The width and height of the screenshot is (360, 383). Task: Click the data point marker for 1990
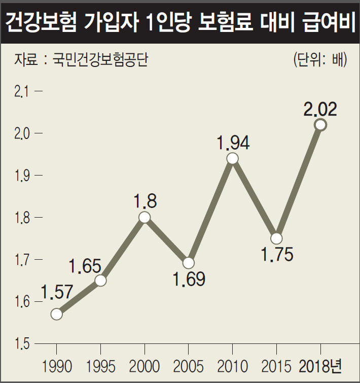point(57,314)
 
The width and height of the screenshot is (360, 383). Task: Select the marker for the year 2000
point(145,218)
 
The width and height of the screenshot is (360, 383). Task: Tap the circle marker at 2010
point(232,158)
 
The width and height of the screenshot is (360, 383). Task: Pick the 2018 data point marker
point(320,124)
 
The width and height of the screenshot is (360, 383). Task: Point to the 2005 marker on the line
point(188,263)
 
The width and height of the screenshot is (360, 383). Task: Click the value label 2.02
point(320,109)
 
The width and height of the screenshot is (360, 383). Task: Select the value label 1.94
point(233,143)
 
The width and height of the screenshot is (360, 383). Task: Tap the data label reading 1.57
point(57,292)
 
